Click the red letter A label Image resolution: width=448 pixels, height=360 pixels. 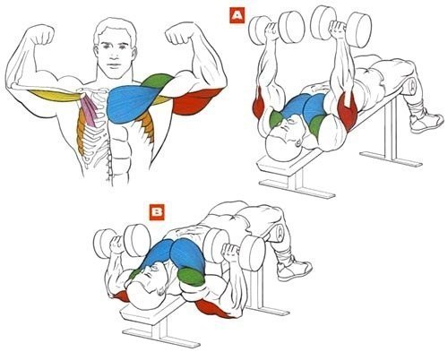[237, 16]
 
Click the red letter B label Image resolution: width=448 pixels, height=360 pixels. [157, 212]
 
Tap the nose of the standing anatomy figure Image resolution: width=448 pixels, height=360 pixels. [113, 55]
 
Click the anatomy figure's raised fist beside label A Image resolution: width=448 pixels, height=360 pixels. [178, 34]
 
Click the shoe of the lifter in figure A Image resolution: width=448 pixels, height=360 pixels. [426, 120]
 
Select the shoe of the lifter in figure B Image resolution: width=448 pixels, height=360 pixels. [294, 270]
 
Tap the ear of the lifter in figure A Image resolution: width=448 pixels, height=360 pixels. [298, 142]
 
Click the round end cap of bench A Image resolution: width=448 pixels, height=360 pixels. [412, 85]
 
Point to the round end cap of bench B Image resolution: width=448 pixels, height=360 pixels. [280, 232]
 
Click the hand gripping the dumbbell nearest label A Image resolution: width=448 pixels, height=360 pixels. [272, 29]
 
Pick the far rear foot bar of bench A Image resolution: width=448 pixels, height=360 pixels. [391, 159]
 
